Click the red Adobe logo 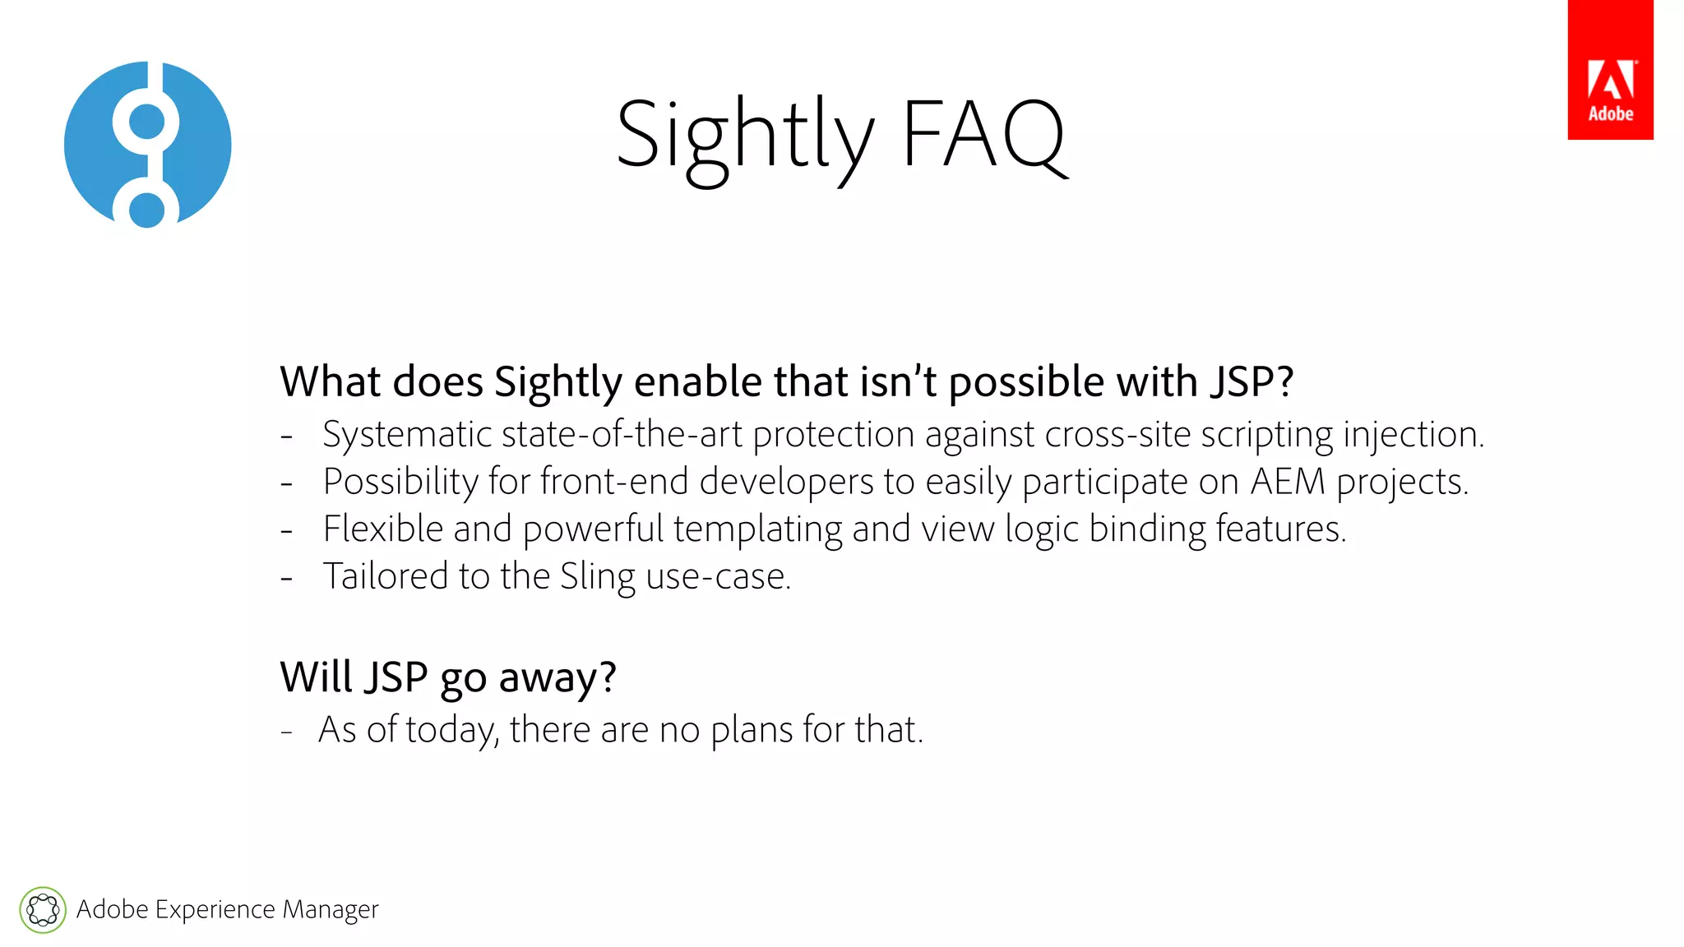coord(1609,71)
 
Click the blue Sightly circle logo coord(148,145)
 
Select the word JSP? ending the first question coord(1251,382)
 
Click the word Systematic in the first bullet coord(406,435)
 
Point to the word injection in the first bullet coord(1413,435)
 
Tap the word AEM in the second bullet coord(1288,482)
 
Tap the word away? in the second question coord(557,679)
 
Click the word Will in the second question coord(315,677)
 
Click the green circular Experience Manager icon coord(43,910)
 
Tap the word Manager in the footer coord(330,910)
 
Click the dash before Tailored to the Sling coord(286,578)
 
